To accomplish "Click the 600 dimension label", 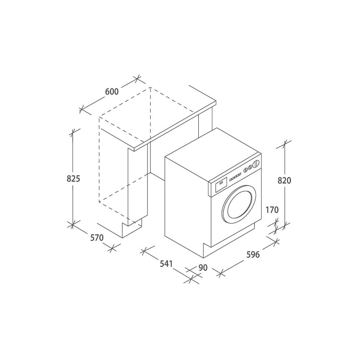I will (111, 92).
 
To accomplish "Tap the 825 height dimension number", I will (73, 179).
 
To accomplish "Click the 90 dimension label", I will (202, 268).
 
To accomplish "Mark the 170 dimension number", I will (272, 210).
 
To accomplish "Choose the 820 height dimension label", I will (285, 180).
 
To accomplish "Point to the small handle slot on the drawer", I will (220, 182).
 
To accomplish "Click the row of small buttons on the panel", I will (236, 176).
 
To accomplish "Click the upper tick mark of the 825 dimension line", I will (73, 131).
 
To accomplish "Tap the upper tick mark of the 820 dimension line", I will (285, 143).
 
